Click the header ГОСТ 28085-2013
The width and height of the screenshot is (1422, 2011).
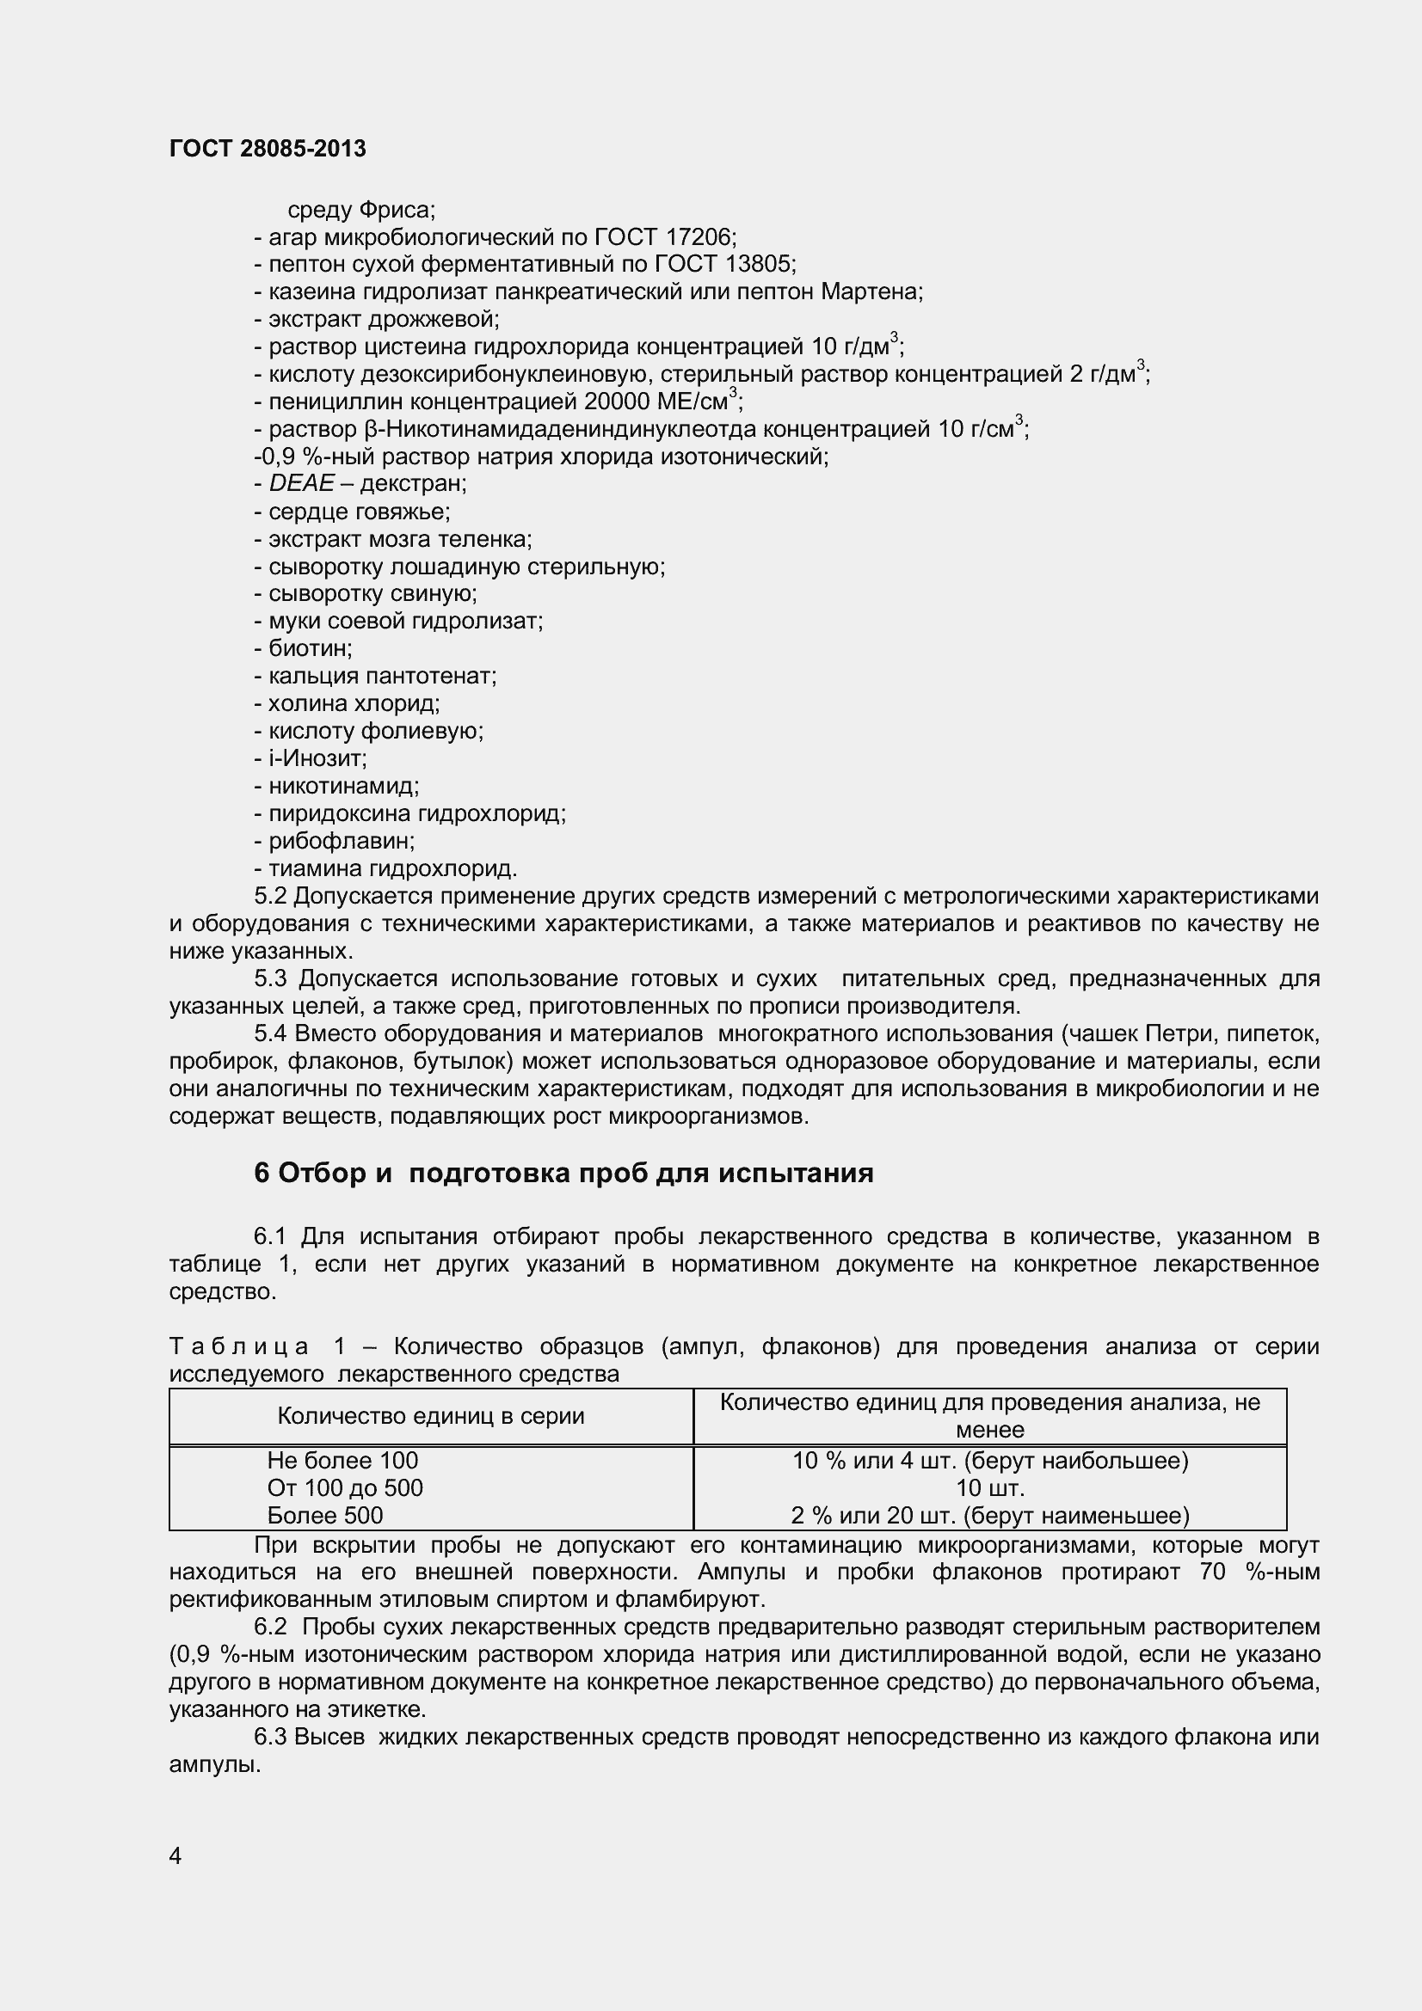point(268,149)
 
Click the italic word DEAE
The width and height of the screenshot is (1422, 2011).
point(301,483)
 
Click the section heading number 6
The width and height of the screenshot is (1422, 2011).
point(262,1174)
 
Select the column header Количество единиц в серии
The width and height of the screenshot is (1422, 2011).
point(430,1416)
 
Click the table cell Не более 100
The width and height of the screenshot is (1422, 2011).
point(342,1461)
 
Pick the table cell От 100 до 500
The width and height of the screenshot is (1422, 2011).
point(344,1488)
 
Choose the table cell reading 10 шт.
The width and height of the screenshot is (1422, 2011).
point(989,1488)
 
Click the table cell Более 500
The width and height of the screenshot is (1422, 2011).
point(325,1515)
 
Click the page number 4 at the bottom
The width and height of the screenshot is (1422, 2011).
point(175,1856)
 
